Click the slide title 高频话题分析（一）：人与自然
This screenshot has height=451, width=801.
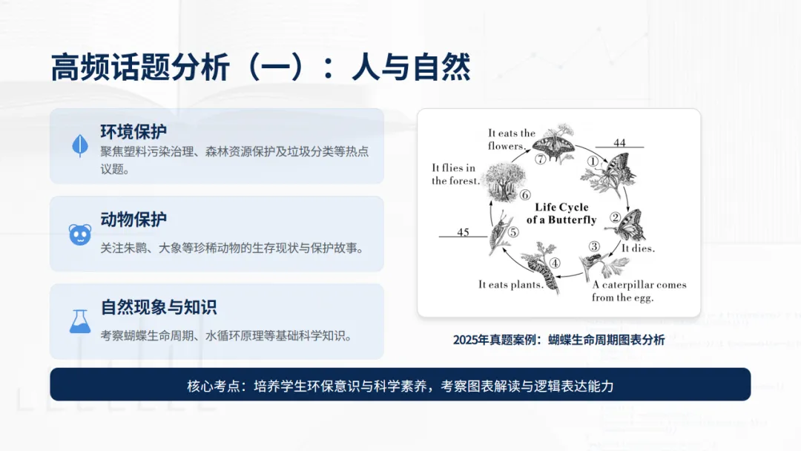(260, 68)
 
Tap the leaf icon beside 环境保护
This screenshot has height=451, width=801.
(79, 145)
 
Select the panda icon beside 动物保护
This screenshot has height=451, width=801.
(79, 234)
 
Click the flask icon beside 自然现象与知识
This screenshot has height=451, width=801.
(79, 321)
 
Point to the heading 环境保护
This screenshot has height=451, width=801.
(133, 132)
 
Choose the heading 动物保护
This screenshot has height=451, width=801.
(133, 220)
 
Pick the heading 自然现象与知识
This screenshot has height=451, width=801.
(159, 307)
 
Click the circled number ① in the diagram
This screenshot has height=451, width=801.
(592, 160)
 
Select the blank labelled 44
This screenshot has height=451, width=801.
(619, 143)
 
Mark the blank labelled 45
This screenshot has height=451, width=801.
(463, 232)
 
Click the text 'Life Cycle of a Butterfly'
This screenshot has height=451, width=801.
(561, 214)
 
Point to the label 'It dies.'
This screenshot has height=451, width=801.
(638, 248)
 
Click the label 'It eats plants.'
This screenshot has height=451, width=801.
(510, 285)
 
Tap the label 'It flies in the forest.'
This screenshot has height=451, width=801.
(455, 174)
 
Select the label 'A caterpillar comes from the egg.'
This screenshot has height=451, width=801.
(639, 291)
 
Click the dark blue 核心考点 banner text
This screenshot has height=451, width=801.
(400, 386)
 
